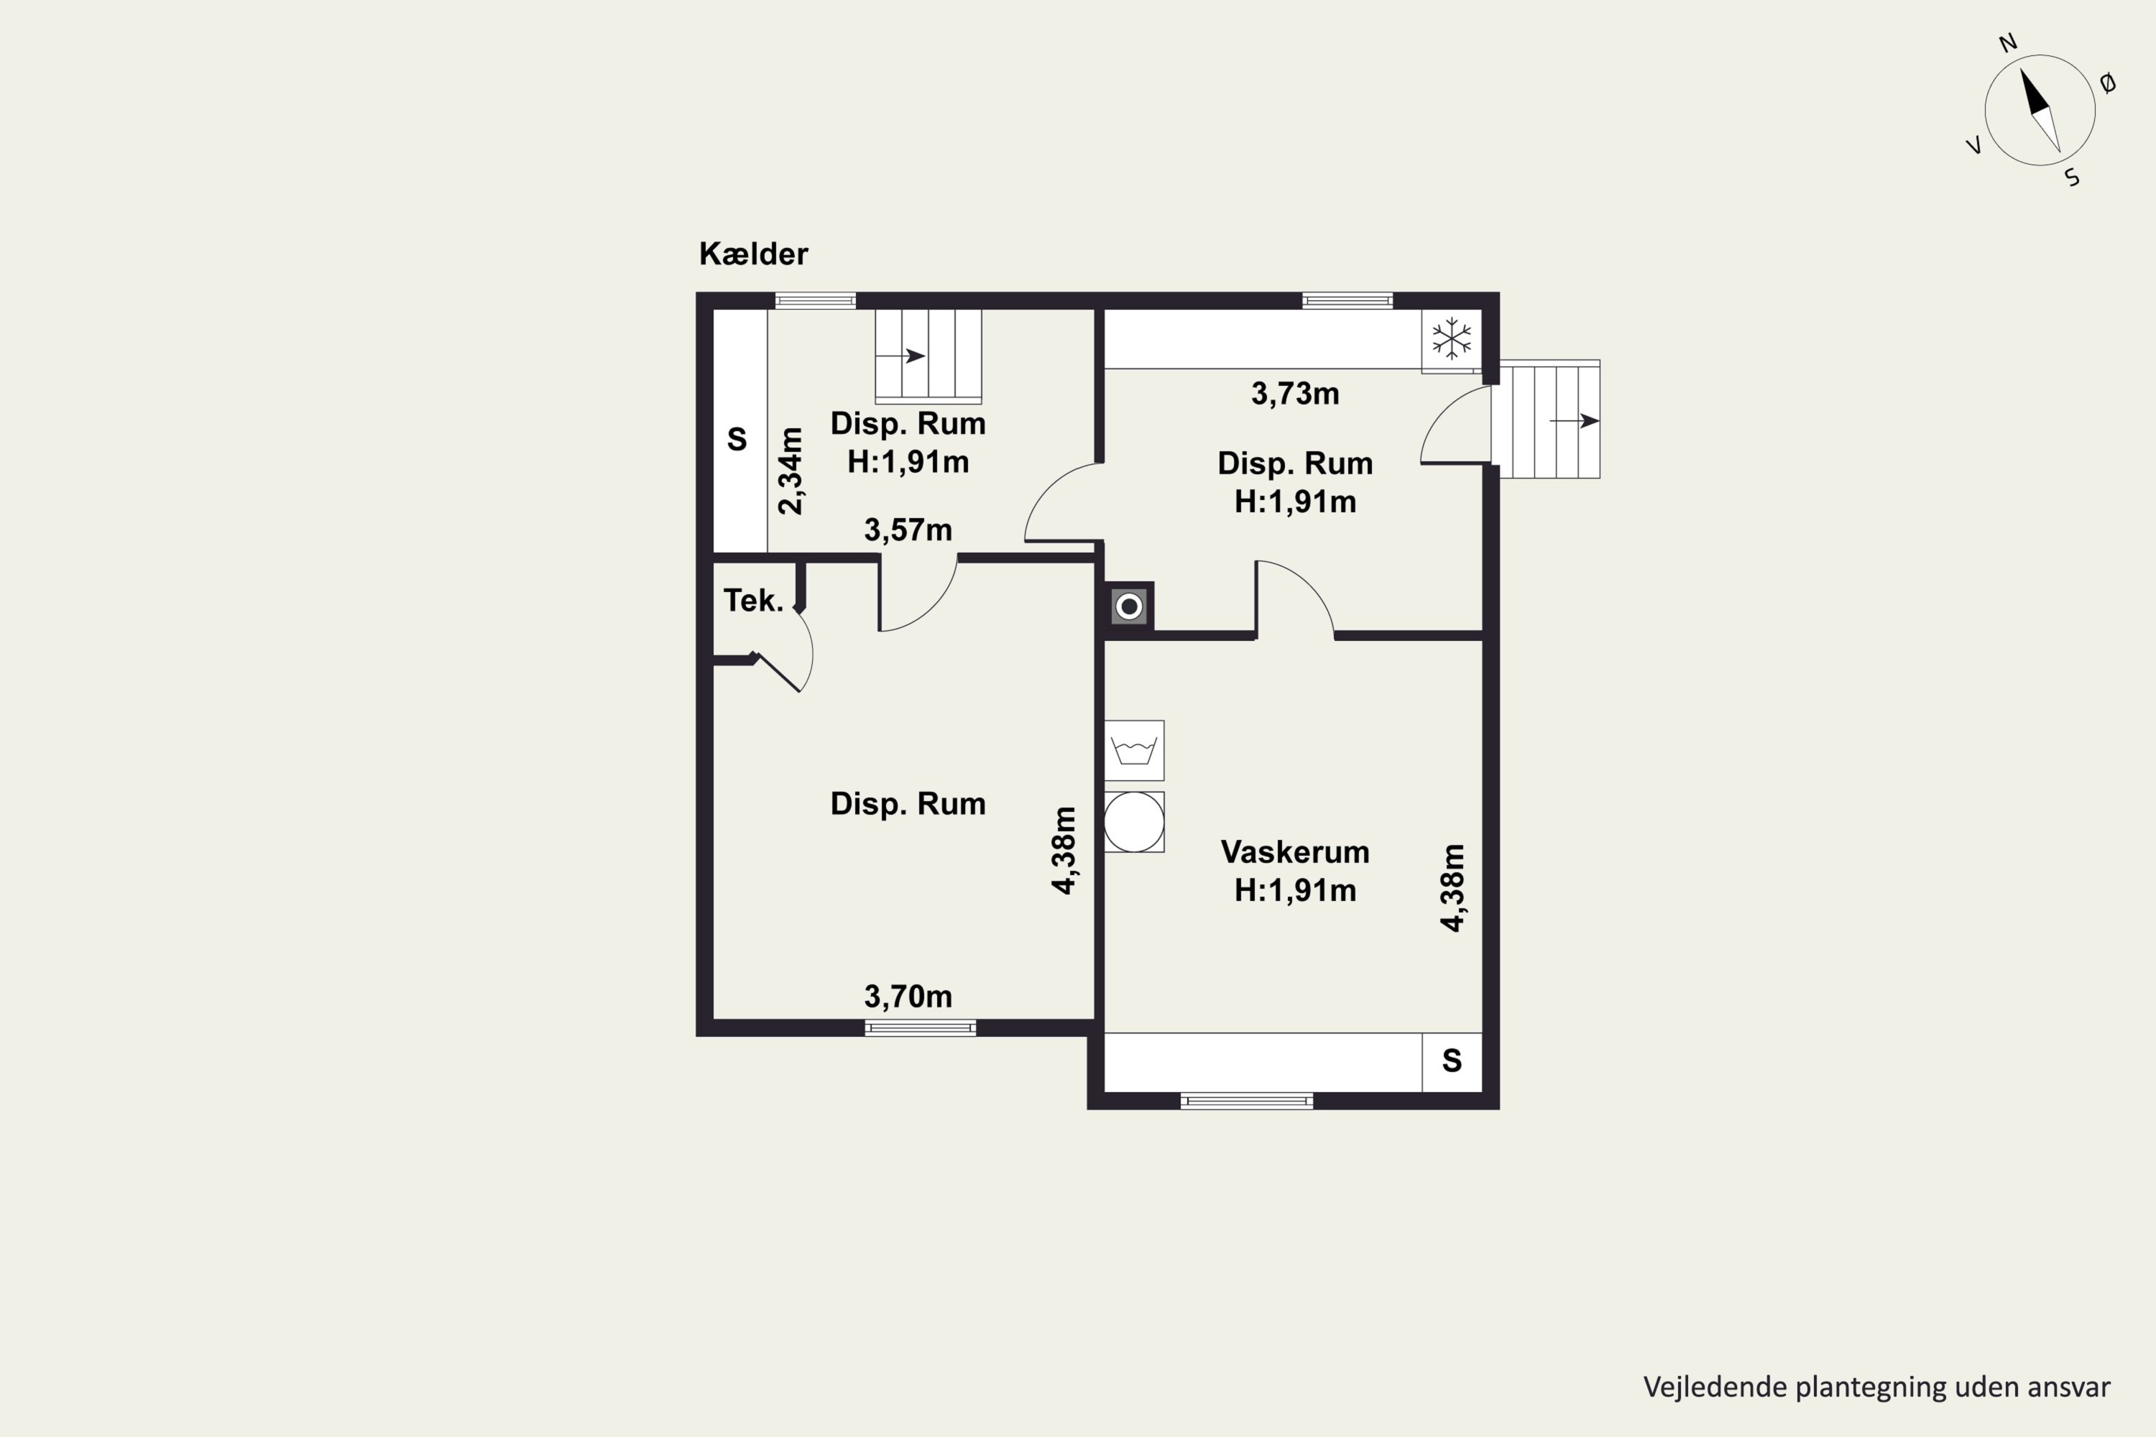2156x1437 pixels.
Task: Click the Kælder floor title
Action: tap(753, 254)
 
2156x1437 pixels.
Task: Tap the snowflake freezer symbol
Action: tap(1452, 338)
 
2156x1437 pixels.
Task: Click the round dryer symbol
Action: tap(1134, 822)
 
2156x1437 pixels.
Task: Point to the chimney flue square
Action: tap(1129, 606)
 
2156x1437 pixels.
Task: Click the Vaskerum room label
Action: tap(1294, 852)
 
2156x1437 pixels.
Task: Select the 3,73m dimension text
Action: tap(1294, 394)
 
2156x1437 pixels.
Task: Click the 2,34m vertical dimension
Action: tap(790, 471)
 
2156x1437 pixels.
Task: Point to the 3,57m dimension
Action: tap(908, 530)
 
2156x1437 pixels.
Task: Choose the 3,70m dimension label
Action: tap(908, 996)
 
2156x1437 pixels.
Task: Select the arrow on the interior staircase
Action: tap(900, 356)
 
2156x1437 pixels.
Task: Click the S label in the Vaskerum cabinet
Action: tap(1451, 1061)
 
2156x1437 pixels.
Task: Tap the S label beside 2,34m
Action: tap(737, 440)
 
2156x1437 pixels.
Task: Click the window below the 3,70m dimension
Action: tap(921, 1028)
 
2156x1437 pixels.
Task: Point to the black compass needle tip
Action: tap(2021, 69)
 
